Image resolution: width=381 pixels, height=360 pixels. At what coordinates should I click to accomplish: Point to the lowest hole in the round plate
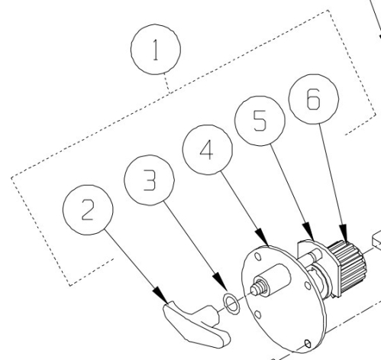tap(306, 342)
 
